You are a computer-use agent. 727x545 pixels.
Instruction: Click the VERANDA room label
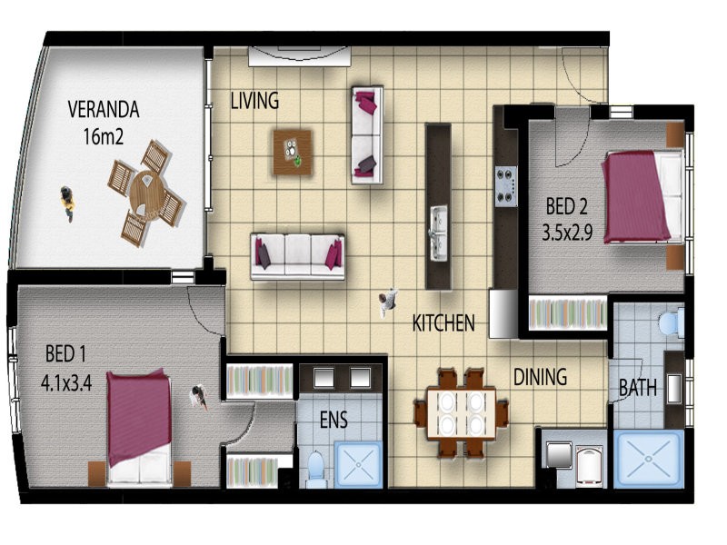coord(104,109)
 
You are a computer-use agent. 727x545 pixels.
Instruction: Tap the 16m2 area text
coord(104,137)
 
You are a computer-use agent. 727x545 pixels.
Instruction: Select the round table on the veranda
coord(147,192)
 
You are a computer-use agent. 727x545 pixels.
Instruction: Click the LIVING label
coord(254,101)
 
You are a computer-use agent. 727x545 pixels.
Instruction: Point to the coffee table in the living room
coord(292,152)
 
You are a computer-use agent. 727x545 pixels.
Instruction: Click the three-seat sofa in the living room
coord(298,257)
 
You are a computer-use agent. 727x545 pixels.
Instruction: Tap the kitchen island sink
coord(438,233)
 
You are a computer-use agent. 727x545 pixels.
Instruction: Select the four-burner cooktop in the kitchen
coord(507,186)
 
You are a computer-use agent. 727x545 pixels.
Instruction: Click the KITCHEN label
coord(443,323)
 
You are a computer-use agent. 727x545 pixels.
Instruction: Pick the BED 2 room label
coord(566,206)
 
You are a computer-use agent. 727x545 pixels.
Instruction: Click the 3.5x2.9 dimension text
coord(567,233)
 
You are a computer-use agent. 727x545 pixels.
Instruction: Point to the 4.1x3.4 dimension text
coord(66,383)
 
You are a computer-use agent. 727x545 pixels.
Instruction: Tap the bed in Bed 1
coord(139,427)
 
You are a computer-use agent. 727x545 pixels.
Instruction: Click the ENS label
coord(334,420)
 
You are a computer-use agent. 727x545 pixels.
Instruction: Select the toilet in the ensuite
coord(317,468)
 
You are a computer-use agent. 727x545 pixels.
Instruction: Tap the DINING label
coord(540,377)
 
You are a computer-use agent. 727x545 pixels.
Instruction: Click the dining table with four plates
coord(462,413)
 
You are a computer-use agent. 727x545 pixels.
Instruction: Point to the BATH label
coord(638,388)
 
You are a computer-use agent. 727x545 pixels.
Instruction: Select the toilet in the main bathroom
coord(671,322)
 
